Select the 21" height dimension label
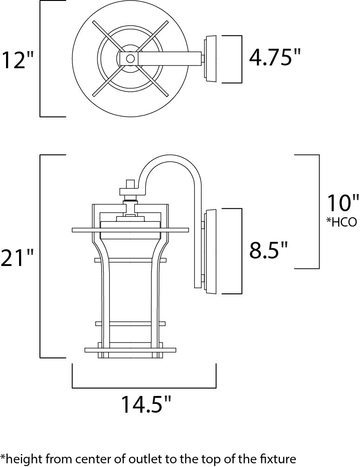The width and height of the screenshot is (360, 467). (x=17, y=258)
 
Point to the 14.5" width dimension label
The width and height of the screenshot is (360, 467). (x=143, y=404)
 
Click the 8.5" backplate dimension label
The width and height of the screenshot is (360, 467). (x=268, y=251)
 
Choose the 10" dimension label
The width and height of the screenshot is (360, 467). (x=343, y=203)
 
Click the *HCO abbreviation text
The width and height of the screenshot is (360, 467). (x=341, y=222)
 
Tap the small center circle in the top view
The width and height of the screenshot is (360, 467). (x=131, y=58)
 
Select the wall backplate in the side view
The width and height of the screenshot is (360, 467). (x=210, y=251)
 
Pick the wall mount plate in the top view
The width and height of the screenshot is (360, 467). (x=210, y=58)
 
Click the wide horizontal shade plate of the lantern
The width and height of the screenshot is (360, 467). (x=131, y=229)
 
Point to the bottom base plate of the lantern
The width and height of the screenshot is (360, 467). (x=131, y=349)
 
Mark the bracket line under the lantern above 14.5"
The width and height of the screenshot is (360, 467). (x=144, y=387)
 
